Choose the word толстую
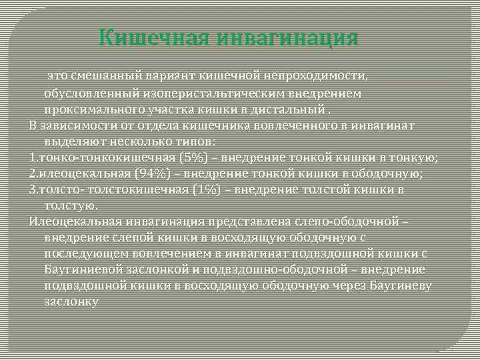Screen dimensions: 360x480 [x=71, y=205]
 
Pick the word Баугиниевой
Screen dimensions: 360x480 [x=83, y=269]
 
